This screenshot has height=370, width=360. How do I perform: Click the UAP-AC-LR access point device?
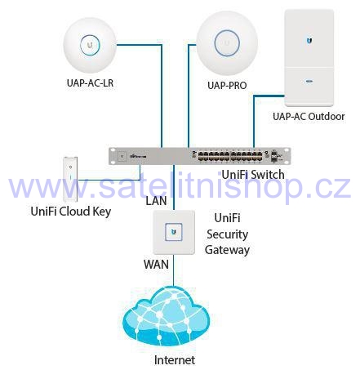click(90, 46)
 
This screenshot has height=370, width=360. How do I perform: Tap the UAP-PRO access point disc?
click(227, 43)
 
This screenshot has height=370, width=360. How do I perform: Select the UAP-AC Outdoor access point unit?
click(309, 58)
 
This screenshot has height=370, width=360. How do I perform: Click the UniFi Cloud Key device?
click(70, 179)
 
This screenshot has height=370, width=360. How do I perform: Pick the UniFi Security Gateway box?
click(174, 232)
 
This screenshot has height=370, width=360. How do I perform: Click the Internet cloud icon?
click(167, 316)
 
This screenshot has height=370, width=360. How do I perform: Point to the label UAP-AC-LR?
click(90, 82)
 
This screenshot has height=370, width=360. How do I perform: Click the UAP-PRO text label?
click(227, 85)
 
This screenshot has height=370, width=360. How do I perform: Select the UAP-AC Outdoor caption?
click(309, 117)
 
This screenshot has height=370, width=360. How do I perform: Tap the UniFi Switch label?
click(253, 175)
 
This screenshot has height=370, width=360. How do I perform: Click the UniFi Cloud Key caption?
click(71, 212)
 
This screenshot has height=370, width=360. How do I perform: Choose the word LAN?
click(156, 201)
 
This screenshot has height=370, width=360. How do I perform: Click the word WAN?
click(156, 265)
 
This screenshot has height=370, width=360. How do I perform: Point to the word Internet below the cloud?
click(175, 360)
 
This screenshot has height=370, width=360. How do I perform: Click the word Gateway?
click(227, 250)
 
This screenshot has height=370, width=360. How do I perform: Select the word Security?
click(227, 234)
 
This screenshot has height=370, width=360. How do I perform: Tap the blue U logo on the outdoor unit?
click(309, 41)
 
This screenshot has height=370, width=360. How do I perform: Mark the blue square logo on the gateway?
click(174, 232)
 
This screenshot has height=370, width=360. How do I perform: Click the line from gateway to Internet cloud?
click(173, 270)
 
